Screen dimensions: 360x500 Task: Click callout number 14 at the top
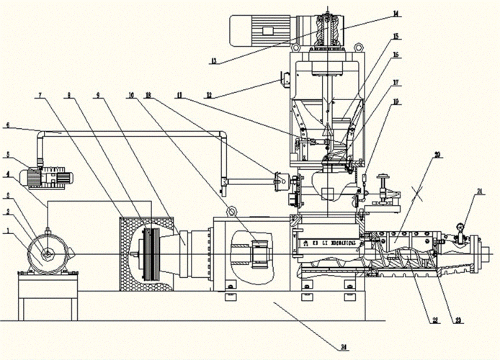(396, 12)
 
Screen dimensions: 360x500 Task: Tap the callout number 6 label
(7, 125)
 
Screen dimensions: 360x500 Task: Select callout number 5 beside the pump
(7, 154)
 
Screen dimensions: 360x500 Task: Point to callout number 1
(7, 231)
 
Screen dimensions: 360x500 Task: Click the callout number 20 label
(437, 155)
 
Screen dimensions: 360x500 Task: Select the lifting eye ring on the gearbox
(231, 212)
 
